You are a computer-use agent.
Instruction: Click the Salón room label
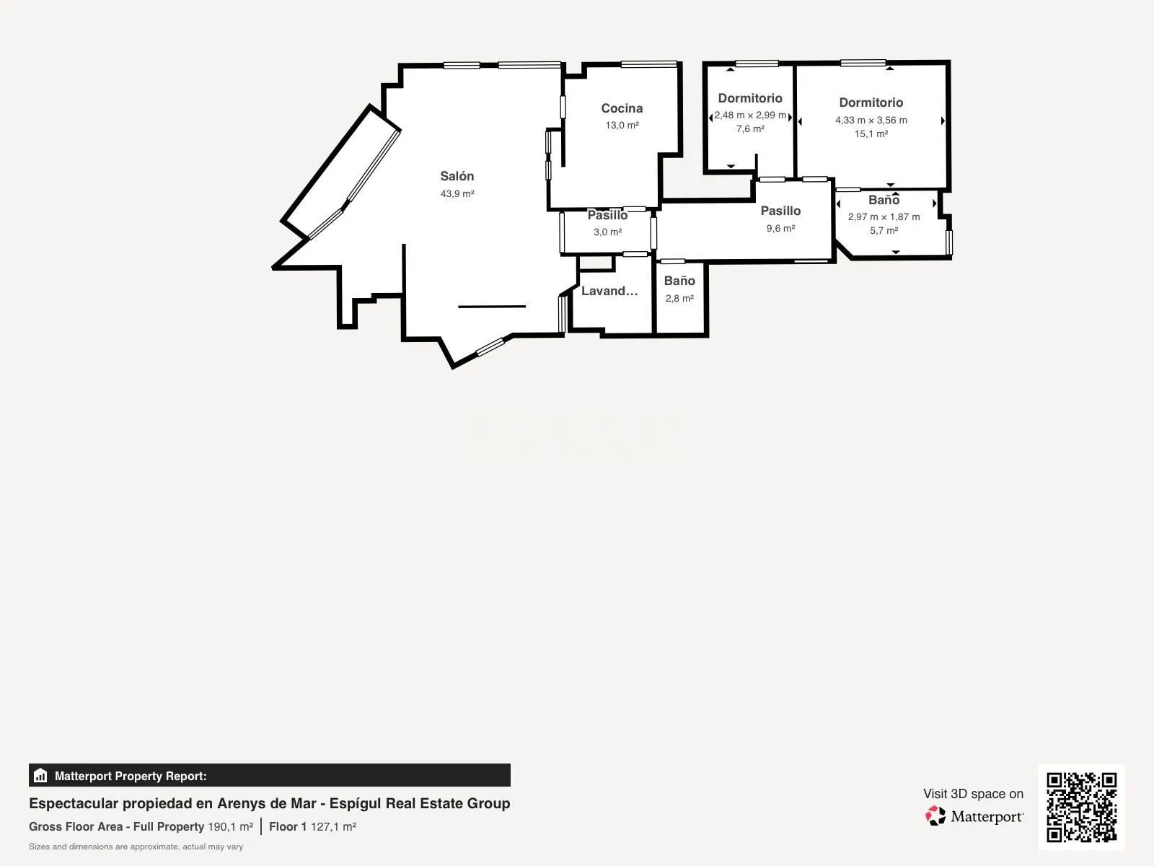click(457, 176)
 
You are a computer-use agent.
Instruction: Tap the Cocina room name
click(622, 108)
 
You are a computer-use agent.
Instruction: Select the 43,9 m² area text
click(457, 193)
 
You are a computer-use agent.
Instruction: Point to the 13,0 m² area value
click(622, 125)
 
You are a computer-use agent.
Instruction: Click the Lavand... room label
click(609, 291)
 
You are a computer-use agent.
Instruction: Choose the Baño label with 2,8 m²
click(679, 281)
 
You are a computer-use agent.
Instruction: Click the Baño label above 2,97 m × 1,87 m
click(884, 200)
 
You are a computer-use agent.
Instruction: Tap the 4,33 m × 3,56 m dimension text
click(871, 120)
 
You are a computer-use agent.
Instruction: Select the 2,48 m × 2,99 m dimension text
click(750, 115)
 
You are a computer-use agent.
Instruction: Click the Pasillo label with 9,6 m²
click(780, 211)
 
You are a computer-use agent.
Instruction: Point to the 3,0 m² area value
click(608, 232)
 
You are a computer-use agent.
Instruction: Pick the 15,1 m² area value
click(871, 134)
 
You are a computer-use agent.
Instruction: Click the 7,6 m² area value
click(750, 129)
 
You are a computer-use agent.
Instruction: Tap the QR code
click(1081, 807)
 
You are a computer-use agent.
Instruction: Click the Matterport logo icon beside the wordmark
click(935, 815)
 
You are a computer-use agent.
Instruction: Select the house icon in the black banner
click(40, 776)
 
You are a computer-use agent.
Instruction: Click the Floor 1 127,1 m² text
click(313, 826)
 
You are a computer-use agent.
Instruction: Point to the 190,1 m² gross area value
click(230, 826)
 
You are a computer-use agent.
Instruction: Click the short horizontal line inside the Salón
click(492, 306)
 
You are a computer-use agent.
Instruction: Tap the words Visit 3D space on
click(973, 794)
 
